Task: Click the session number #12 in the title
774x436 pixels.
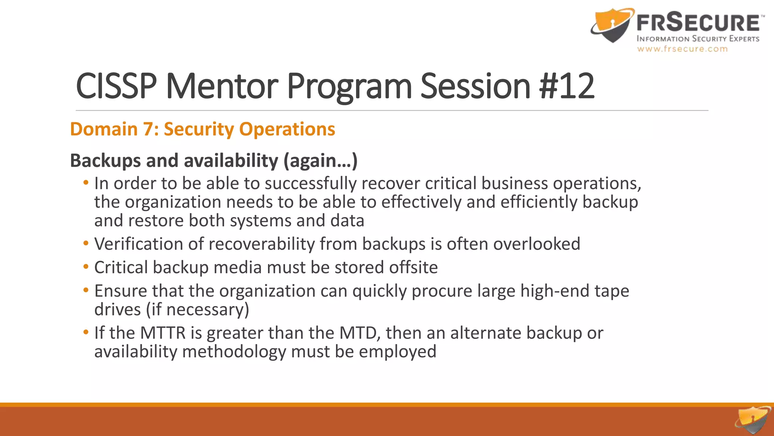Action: click(567, 86)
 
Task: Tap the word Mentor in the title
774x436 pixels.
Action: click(222, 86)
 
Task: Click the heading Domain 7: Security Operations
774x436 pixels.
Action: click(203, 129)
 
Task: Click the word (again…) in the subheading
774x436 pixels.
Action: click(320, 160)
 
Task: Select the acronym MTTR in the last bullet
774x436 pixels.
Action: click(163, 333)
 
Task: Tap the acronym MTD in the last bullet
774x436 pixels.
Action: click(359, 333)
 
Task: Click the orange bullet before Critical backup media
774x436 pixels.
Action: click(86, 267)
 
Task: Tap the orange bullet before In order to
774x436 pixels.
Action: click(86, 183)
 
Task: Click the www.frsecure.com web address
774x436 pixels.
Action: click(682, 49)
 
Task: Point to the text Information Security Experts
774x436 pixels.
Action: click(698, 39)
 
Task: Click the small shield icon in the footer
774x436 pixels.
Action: click(752, 420)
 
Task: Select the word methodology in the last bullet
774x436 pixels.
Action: click(234, 352)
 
